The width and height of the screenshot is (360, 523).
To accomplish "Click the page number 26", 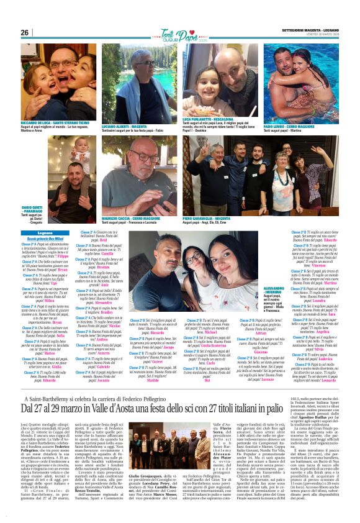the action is click(x=25, y=32).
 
